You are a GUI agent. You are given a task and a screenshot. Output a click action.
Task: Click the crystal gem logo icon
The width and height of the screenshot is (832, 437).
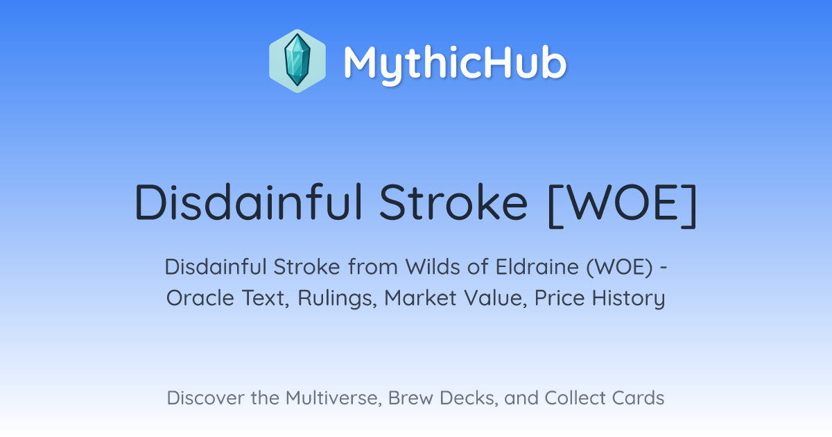click(x=297, y=61)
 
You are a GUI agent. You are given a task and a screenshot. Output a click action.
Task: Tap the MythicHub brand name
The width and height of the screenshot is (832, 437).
click(x=455, y=63)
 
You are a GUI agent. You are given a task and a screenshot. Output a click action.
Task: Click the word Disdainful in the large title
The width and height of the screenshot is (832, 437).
click(x=248, y=202)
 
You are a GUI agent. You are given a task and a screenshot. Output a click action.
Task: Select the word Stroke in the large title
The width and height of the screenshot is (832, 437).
click(x=453, y=202)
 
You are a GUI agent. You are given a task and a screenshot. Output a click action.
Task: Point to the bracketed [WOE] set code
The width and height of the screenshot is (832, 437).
click(x=623, y=204)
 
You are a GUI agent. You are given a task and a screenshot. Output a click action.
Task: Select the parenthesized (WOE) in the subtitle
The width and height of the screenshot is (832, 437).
click(x=620, y=267)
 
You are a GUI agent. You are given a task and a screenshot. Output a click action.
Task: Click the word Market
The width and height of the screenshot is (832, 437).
click(x=420, y=298)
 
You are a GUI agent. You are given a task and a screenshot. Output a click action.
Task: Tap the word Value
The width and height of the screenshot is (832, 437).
click(x=495, y=298)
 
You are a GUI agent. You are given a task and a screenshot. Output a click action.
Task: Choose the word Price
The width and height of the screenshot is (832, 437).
click(x=560, y=298)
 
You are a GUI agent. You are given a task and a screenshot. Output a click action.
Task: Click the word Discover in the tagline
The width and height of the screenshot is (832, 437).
click(x=205, y=398)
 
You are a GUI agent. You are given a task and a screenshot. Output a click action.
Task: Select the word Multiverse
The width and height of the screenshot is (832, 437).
click(x=333, y=398)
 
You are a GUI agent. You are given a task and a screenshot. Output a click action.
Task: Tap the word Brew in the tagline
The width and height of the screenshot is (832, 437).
click(x=410, y=398)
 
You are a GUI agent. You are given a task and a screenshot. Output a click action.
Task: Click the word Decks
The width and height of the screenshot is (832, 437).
click(x=469, y=398)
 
